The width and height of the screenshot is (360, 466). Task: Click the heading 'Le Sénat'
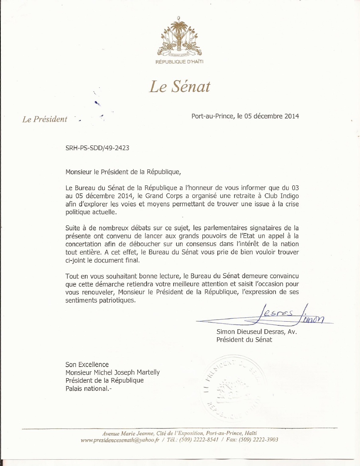[x=180, y=87]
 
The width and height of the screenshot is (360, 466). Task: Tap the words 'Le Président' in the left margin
[x=45, y=119]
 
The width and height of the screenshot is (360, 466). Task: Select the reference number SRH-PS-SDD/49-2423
[x=97, y=147]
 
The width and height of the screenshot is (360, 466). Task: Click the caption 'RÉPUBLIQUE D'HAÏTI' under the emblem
[x=179, y=62]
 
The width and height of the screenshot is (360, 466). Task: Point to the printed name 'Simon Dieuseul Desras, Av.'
[x=257, y=332]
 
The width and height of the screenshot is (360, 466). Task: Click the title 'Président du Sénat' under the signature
[x=244, y=340]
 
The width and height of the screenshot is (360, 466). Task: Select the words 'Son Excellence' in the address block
[x=87, y=364]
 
